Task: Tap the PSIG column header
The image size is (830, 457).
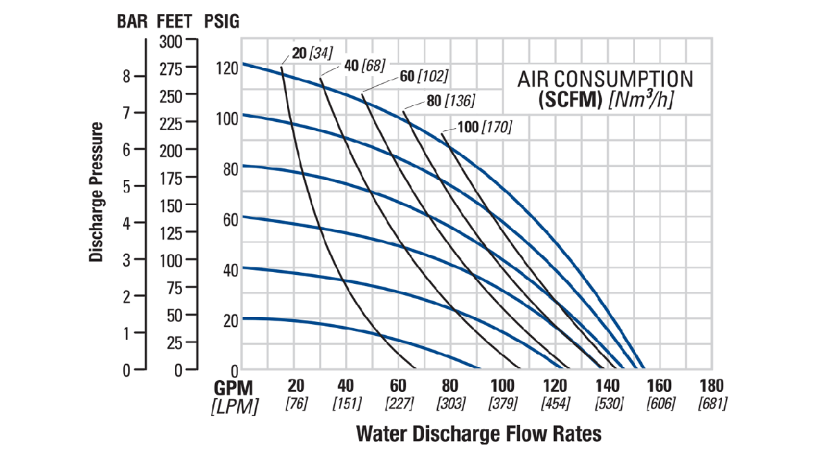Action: point(222,21)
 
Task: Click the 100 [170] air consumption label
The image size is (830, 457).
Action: point(484,127)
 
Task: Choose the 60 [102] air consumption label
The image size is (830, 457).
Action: point(424,75)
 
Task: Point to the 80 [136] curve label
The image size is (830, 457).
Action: point(450,101)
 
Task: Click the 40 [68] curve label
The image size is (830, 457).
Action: point(364,64)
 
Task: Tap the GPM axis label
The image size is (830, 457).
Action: point(234,386)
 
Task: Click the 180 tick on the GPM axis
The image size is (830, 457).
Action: point(711,386)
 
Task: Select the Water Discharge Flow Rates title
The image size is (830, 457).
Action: point(479,434)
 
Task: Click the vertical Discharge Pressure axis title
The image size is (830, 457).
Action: point(96,192)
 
